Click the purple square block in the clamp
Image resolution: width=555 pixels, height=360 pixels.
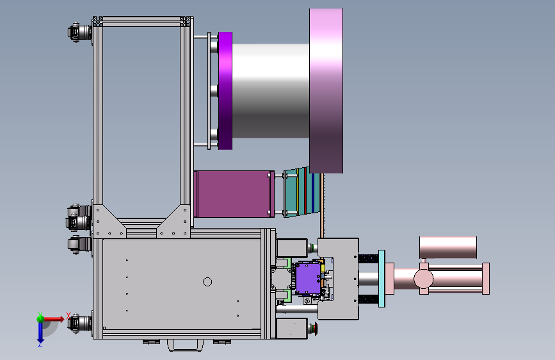point(308,279)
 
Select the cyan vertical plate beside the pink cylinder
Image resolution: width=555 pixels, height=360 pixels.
point(382,279)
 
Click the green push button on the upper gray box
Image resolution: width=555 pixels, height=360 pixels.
point(312,247)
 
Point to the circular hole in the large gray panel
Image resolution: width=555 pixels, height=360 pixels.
point(207,282)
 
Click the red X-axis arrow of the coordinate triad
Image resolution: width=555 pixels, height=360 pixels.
point(54,319)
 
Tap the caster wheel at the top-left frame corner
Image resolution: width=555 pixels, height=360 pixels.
point(79,33)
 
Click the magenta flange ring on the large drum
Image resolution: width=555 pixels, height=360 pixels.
point(225,91)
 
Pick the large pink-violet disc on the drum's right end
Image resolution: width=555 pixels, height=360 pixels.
point(326,91)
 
